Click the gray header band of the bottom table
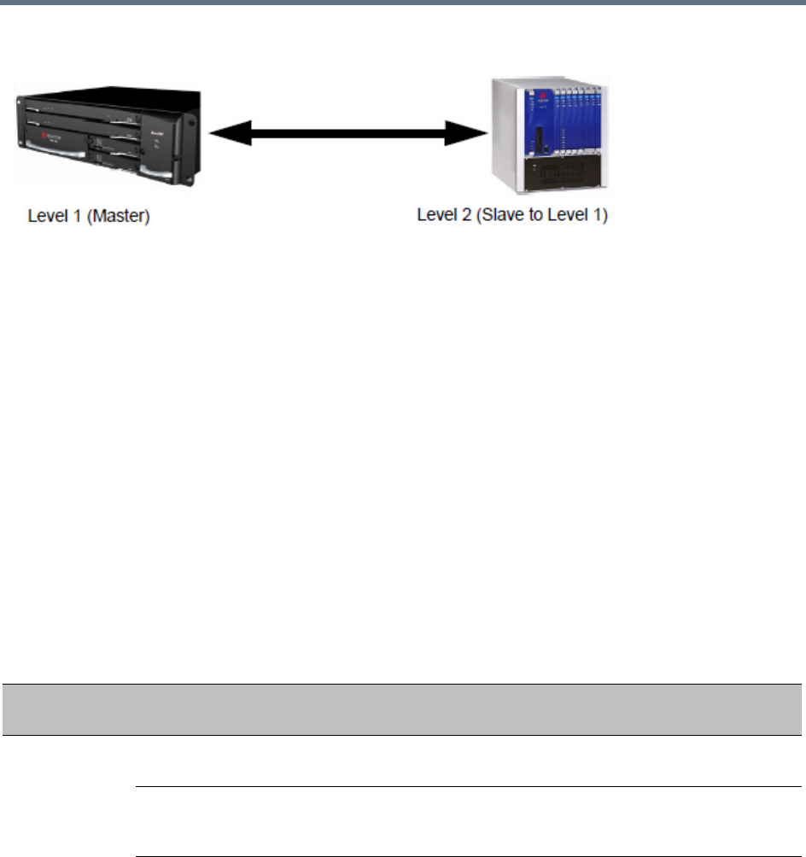[x=402, y=709]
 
